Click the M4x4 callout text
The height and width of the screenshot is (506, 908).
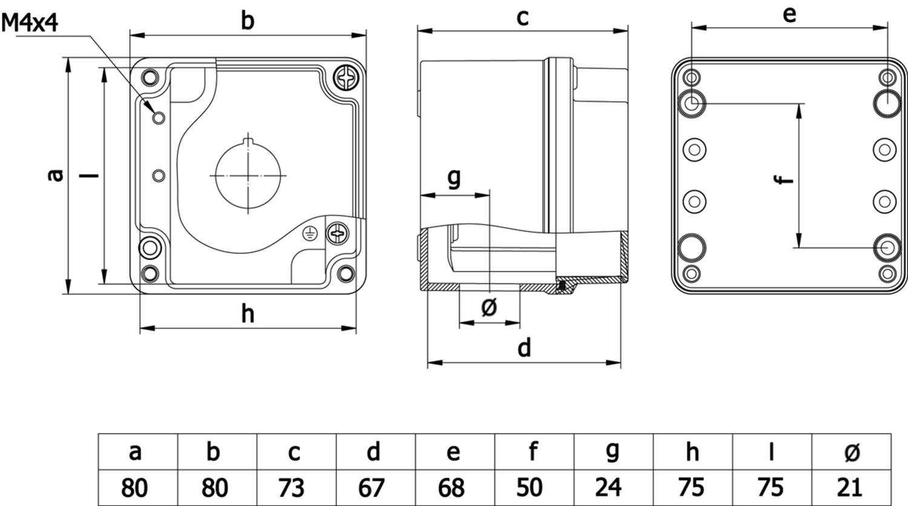pyautogui.click(x=30, y=22)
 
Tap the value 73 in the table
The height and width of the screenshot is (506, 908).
pyautogui.click(x=291, y=488)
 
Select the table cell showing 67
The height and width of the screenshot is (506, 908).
pyautogui.click(x=375, y=488)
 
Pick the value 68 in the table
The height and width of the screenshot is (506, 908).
pyautogui.click(x=451, y=488)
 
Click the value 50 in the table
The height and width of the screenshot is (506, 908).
pyautogui.click(x=530, y=487)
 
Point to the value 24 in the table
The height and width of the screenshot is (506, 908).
pyautogui.click(x=608, y=487)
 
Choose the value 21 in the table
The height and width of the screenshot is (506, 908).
pyautogui.click(x=849, y=487)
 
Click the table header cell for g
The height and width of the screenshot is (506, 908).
pyautogui.click(x=613, y=452)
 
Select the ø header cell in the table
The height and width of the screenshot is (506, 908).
pyautogui.click(x=851, y=452)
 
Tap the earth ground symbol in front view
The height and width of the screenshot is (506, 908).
pyautogui.click(x=310, y=233)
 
